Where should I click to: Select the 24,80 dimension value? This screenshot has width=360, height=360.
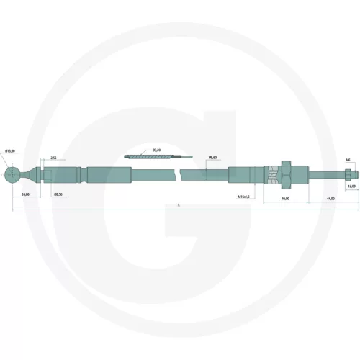pyautogui.click(x=24, y=194)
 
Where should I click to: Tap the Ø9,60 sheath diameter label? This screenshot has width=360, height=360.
pyautogui.click(x=212, y=157)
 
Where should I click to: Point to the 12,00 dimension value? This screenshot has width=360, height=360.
pyautogui.click(x=351, y=186)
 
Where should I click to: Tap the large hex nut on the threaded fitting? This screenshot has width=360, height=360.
pyautogui.click(x=286, y=176)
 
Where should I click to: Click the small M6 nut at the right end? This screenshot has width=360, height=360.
pyautogui.click(x=346, y=176)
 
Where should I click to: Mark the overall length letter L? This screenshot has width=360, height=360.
pyautogui.click(x=177, y=205)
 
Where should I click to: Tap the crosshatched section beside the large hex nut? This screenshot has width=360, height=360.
pyautogui.click(x=271, y=176)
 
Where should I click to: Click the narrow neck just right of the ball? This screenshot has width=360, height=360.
pyautogui.click(x=29, y=176)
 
